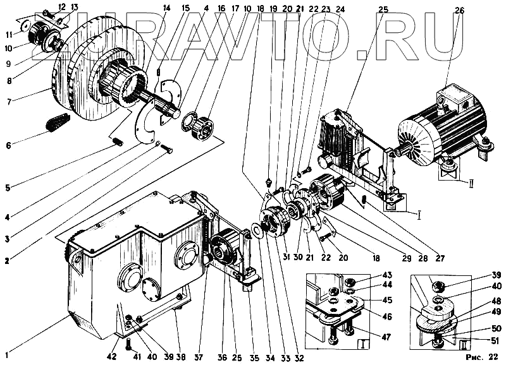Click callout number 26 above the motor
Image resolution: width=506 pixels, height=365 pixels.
[459, 9]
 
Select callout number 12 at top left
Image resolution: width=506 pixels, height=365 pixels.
[61, 6]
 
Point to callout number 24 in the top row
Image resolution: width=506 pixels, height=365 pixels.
[340, 9]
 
